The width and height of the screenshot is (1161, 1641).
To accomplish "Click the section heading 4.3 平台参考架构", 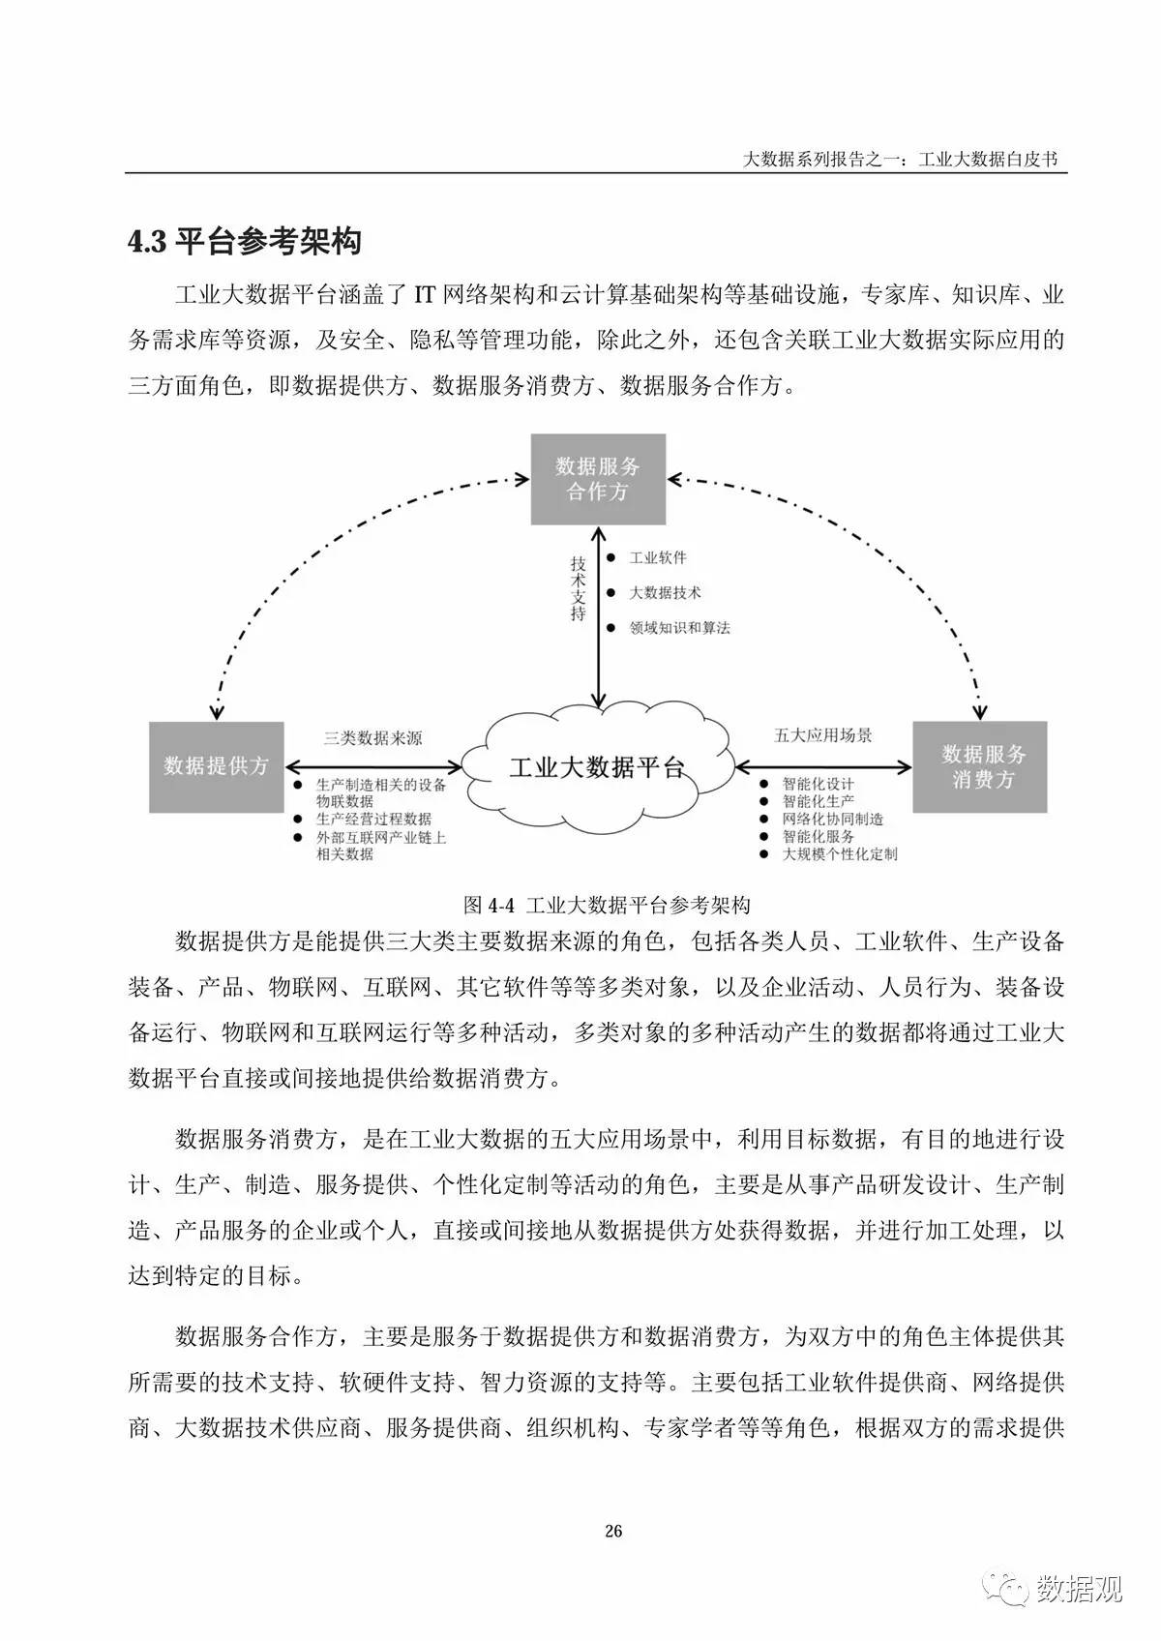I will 245,242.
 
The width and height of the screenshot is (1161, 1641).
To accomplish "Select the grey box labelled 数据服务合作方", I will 598,479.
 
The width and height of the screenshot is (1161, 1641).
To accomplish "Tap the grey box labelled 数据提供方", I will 216,766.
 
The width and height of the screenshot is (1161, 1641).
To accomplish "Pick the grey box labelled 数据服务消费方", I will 980,766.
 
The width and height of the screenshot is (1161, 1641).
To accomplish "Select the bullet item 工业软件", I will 658,557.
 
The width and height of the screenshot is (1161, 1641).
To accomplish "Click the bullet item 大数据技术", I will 665,592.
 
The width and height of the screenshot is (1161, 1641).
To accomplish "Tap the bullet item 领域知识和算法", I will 679,628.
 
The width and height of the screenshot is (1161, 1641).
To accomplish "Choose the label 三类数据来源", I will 372,738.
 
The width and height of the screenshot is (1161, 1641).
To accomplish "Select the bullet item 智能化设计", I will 818,784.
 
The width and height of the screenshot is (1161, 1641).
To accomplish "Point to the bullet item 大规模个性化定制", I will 839,854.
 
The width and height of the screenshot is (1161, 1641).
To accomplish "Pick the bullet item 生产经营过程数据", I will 373,819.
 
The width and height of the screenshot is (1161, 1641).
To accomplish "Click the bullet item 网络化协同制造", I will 832,819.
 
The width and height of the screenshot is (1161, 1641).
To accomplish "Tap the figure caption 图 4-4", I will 607,905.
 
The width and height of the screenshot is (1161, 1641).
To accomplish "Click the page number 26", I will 613,1530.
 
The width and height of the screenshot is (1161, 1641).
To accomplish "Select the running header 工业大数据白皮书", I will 992,160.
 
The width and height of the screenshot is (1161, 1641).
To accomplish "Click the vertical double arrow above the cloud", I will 599,619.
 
